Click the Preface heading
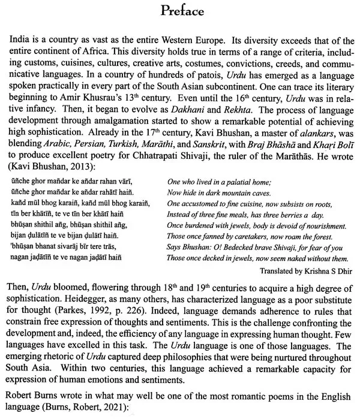tap(179, 11)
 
